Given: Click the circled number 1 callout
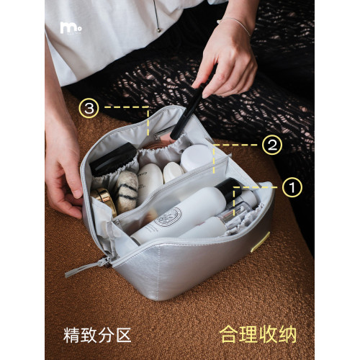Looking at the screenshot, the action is click(292, 187).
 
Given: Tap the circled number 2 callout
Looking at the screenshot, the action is click(272, 145).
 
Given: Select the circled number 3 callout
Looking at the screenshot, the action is click(89, 108).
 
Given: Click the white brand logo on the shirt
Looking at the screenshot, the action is click(71, 28).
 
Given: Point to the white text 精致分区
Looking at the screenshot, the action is click(97, 335).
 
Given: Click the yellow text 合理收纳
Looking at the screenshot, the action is click(258, 334).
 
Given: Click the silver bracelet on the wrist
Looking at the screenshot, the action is click(235, 24).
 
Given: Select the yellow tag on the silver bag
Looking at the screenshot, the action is click(260, 242).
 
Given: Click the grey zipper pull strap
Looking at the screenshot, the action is click(86, 267).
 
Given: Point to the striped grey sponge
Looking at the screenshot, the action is click(126, 192).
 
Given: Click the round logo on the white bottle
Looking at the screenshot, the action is click(171, 217).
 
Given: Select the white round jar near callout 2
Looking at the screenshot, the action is click(197, 157).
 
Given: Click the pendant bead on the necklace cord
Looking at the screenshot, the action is click(159, 30).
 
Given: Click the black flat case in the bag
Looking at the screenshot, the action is click(113, 159).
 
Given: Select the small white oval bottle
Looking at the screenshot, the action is click(174, 172).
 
